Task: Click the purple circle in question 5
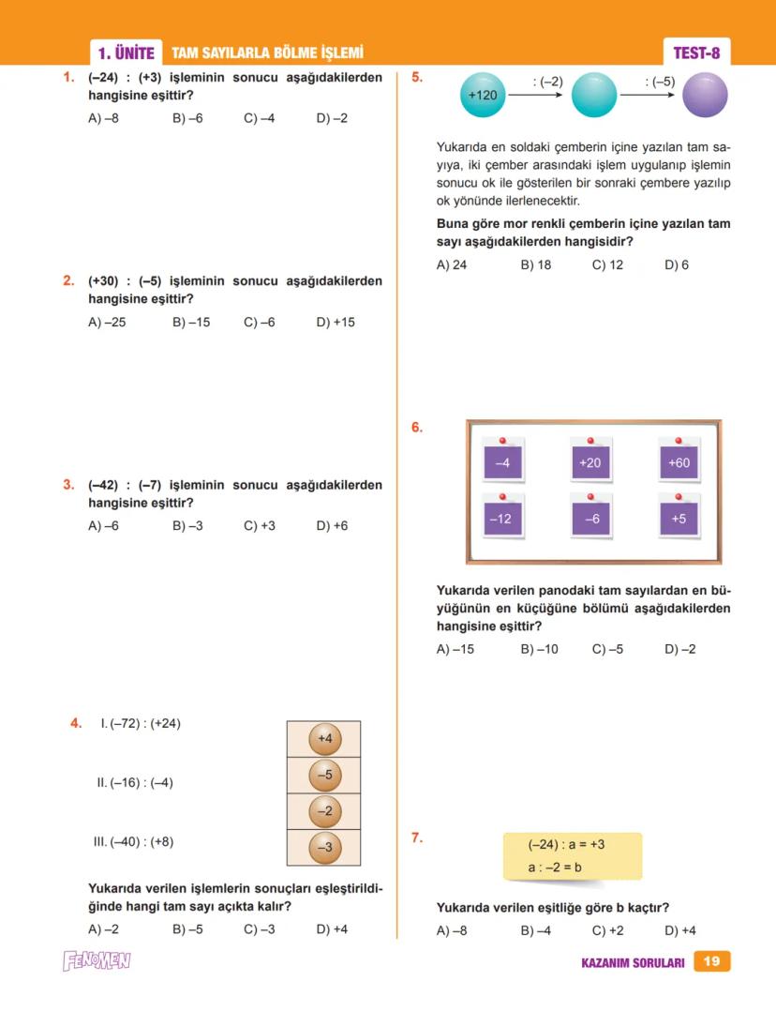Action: click(x=706, y=95)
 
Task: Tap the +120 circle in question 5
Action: click(x=483, y=95)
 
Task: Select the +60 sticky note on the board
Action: click(x=679, y=462)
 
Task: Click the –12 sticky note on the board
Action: click(x=502, y=518)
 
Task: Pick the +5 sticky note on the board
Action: click(x=679, y=518)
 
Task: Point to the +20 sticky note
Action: click(x=590, y=462)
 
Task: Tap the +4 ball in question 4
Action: click(x=324, y=739)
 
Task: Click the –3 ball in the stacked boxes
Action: click(x=324, y=847)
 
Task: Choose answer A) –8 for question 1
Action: click(x=103, y=119)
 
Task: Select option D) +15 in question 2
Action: click(x=336, y=322)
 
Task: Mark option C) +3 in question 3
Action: click(x=260, y=526)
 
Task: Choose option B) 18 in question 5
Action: click(x=536, y=265)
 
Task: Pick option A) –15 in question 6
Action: click(x=455, y=649)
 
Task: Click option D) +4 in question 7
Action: click(x=680, y=931)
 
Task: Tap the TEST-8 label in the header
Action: click(x=696, y=53)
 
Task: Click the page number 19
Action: click(x=711, y=961)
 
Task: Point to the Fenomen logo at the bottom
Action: click(x=97, y=961)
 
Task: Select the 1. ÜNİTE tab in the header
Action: click(x=126, y=53)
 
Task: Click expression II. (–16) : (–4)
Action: click(x=135, y=783)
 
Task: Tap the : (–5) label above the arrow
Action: click(x=660, y=82)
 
